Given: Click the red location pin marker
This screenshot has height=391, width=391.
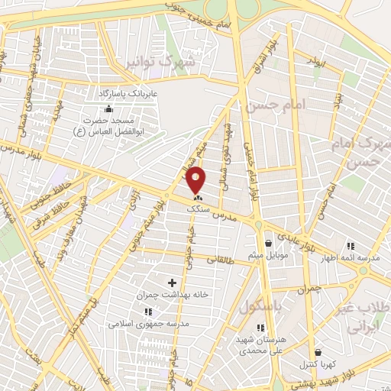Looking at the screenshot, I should point(197,179).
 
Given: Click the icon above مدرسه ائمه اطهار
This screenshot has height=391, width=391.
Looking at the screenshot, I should point(351,246).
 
